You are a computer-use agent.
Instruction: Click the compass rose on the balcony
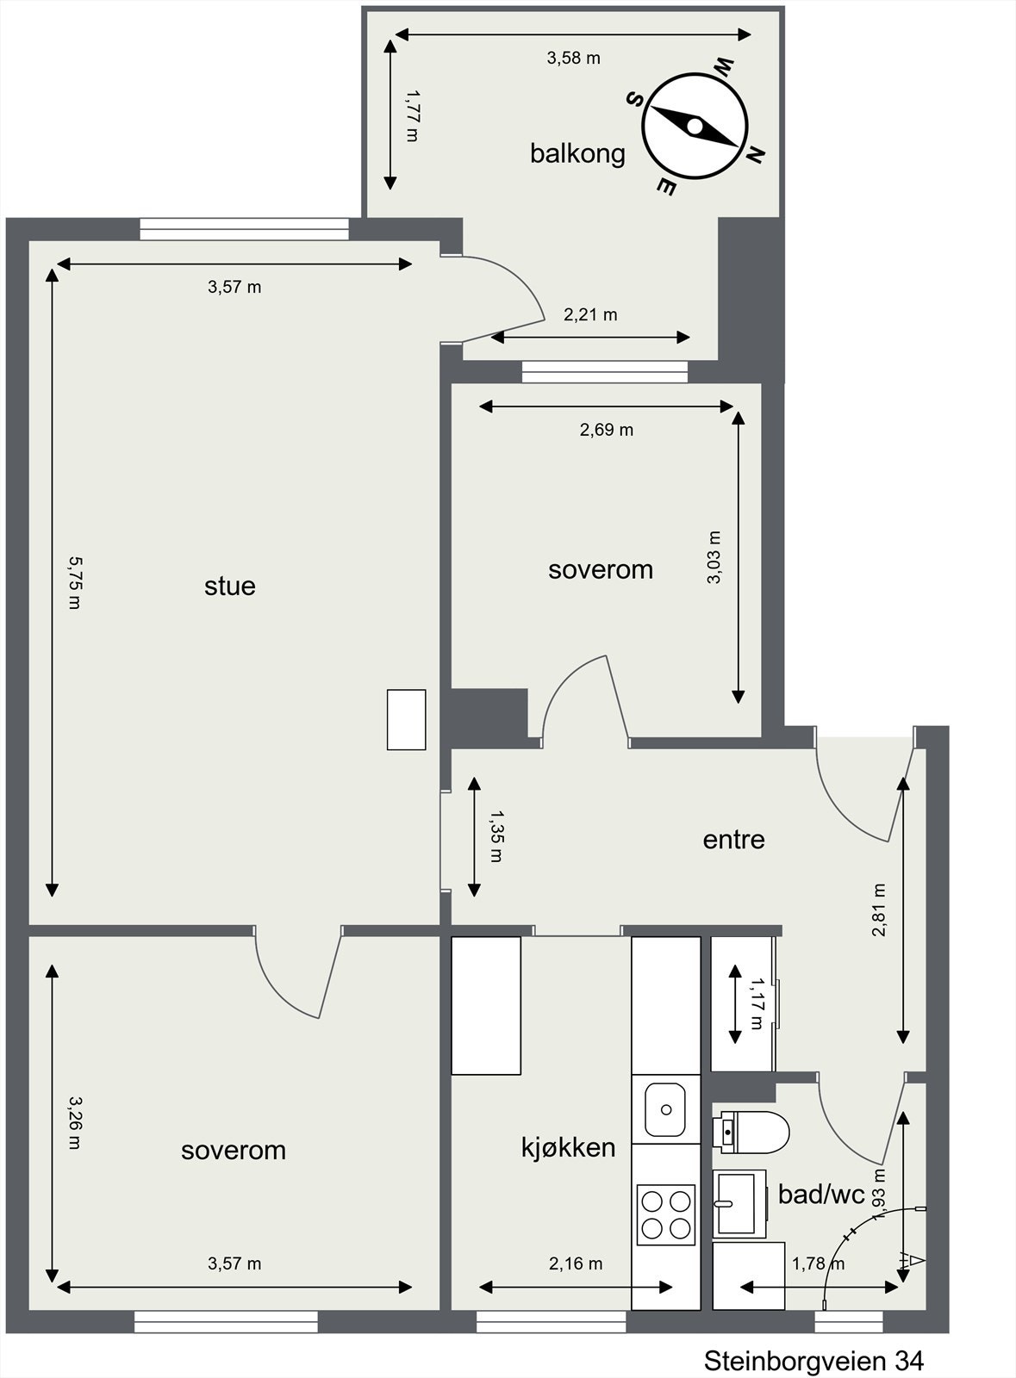pos(695,126)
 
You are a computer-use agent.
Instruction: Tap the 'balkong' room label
pos(577,154)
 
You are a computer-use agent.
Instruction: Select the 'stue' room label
pos(229,586)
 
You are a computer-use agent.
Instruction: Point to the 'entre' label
pos(733,840)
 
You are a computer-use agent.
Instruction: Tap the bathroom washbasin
pos(739,1204)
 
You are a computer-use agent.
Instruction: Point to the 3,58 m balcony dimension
pos(574,58)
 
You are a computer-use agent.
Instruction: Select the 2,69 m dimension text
pos(606,430)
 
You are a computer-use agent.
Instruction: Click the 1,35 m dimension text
pos(496,835)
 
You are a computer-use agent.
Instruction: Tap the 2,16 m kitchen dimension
pos(576,1263)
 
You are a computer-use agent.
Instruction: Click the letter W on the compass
pos(723,66)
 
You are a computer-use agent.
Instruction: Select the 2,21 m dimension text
pos(590,314)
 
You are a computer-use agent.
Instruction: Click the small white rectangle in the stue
pos(406,720)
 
